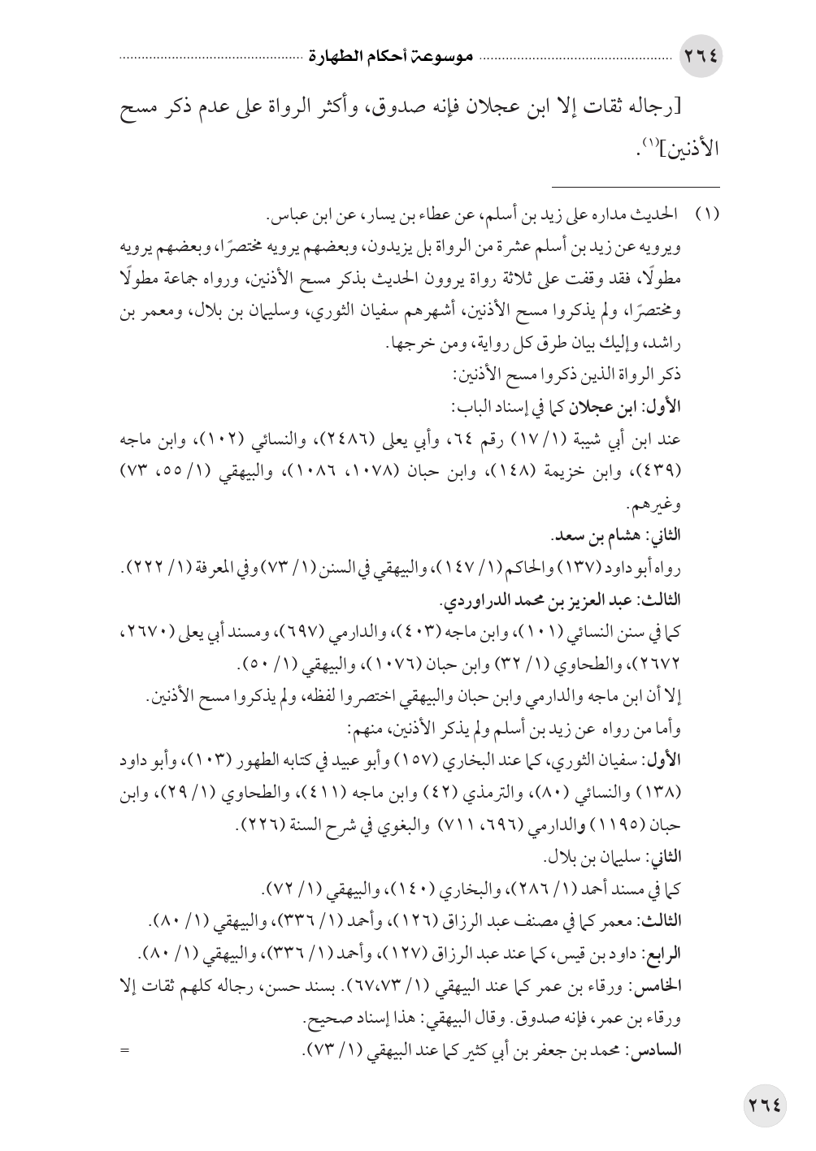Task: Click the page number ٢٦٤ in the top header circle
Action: click(701, 58)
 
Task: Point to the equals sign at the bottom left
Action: click(124, 1053)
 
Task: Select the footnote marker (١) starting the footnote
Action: click(706, 219)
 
